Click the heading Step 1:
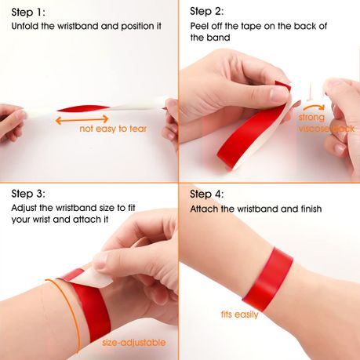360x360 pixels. tap(28, 13)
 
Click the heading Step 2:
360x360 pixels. tap(208, 13)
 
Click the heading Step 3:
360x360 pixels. tap(29, 193)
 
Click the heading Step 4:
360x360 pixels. tap(208, 193)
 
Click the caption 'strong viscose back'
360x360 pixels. tap(325, 122)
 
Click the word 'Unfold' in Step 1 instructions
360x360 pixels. tap(26, 26)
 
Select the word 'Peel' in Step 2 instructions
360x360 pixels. tap(201, 26)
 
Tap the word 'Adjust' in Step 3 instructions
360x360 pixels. tap(26, 209)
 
